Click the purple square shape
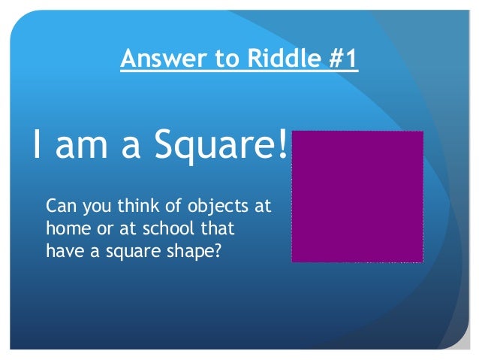click(357, 196)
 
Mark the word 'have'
click(63, 251)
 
